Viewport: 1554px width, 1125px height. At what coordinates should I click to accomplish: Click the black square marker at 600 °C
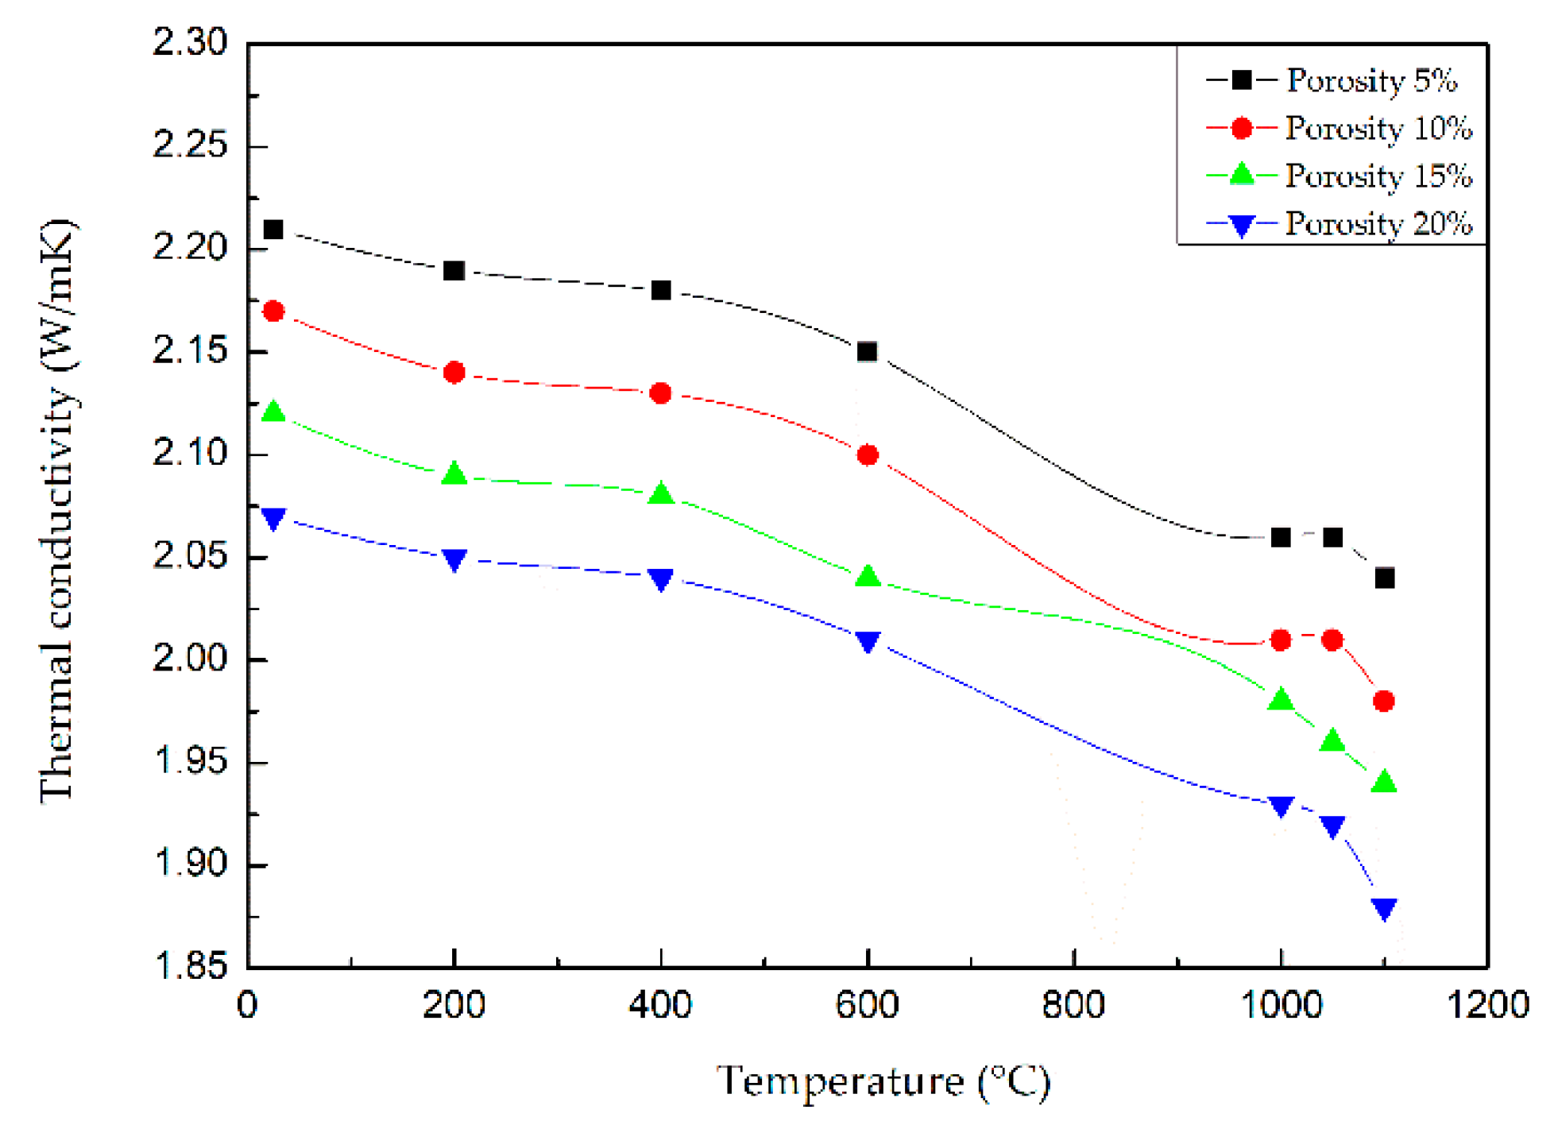pyautogui.click(x=867, y=351)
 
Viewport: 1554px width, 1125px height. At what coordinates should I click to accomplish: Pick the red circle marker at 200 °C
pyautogui.click(x=454, y=372)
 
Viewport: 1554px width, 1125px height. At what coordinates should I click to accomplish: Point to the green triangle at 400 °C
pyautogui.click(x=661, y=494)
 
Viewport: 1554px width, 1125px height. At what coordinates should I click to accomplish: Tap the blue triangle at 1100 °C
pyautogui.click(x=1384, y=908)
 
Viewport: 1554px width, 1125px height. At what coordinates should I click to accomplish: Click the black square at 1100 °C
pyautogui.click(x=1384, y=578)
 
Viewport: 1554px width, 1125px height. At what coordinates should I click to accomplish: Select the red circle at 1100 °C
pyautogui.click(x=1383, y=701)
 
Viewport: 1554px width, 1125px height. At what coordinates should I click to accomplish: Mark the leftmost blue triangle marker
pyautogui.click(x=273, y=519)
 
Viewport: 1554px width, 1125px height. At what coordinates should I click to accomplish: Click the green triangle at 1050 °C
pyautogui.click(x=1332, y=740)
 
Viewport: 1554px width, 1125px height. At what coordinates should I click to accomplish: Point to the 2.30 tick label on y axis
pyautogui.click(x=190, y=41)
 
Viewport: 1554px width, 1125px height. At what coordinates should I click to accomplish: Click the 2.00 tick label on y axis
pyautogui.click(x=190, y=659)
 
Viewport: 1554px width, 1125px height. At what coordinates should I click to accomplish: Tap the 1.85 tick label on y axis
pyautogui.click(x=190, y=966)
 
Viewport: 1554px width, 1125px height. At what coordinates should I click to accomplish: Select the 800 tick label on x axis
pyautogui.click(x=1073, y=1005)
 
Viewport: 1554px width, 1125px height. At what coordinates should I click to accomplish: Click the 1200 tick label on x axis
pyautogui.click(x=1487, y=1005)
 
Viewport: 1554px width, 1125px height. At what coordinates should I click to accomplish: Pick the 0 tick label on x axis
pyautogui.click(x=247, y=1005)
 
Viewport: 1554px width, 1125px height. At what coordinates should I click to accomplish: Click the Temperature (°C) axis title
pyautogui.click(x=883, y=1081)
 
